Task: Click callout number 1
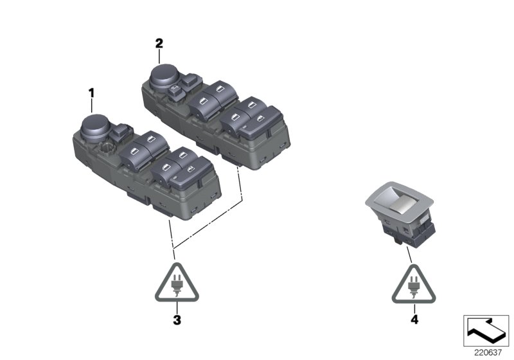91,93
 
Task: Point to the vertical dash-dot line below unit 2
241,183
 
